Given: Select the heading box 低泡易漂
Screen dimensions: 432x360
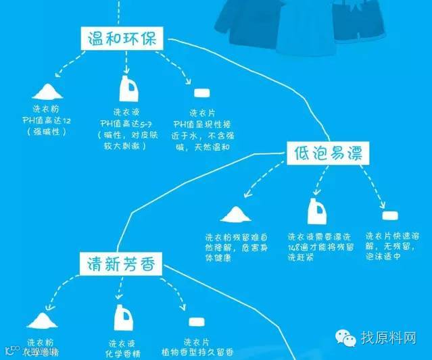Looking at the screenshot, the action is click(x=328, y=153).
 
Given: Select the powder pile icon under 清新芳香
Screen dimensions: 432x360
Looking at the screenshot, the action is click(x=43, y=320).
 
